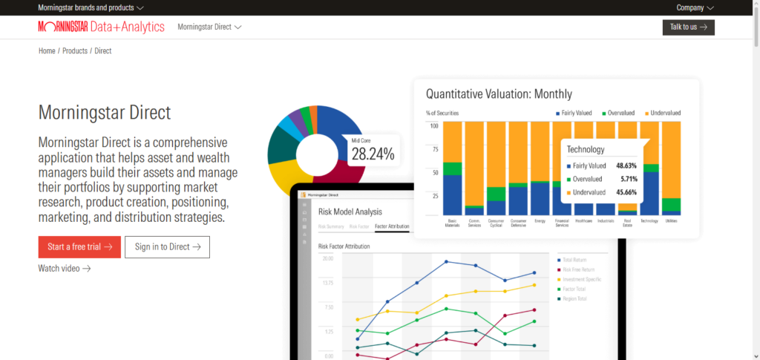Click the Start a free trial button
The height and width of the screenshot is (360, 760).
(79, 246)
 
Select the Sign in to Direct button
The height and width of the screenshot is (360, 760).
(167, 246)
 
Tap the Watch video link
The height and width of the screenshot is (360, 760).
(64, 268)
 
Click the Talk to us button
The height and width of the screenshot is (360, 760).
(688, 27)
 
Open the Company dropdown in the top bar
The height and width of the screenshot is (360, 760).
(695, 7)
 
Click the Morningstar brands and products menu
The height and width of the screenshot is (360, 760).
(91, 7)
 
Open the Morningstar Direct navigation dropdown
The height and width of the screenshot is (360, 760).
(209, 27)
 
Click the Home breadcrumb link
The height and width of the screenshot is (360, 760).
(47, 50)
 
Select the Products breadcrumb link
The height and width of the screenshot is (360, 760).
(74, 50)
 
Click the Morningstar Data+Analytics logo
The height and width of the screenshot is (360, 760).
(101, 27)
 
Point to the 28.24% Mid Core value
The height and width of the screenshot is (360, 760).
(373, 154)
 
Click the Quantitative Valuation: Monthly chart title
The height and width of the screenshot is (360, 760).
(499, 94)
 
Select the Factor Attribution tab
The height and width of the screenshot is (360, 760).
(392, 226)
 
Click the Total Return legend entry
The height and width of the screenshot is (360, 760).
(574, 259)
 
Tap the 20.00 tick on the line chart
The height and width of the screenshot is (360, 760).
(327, 258)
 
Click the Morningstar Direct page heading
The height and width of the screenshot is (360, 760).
(105, 113)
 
